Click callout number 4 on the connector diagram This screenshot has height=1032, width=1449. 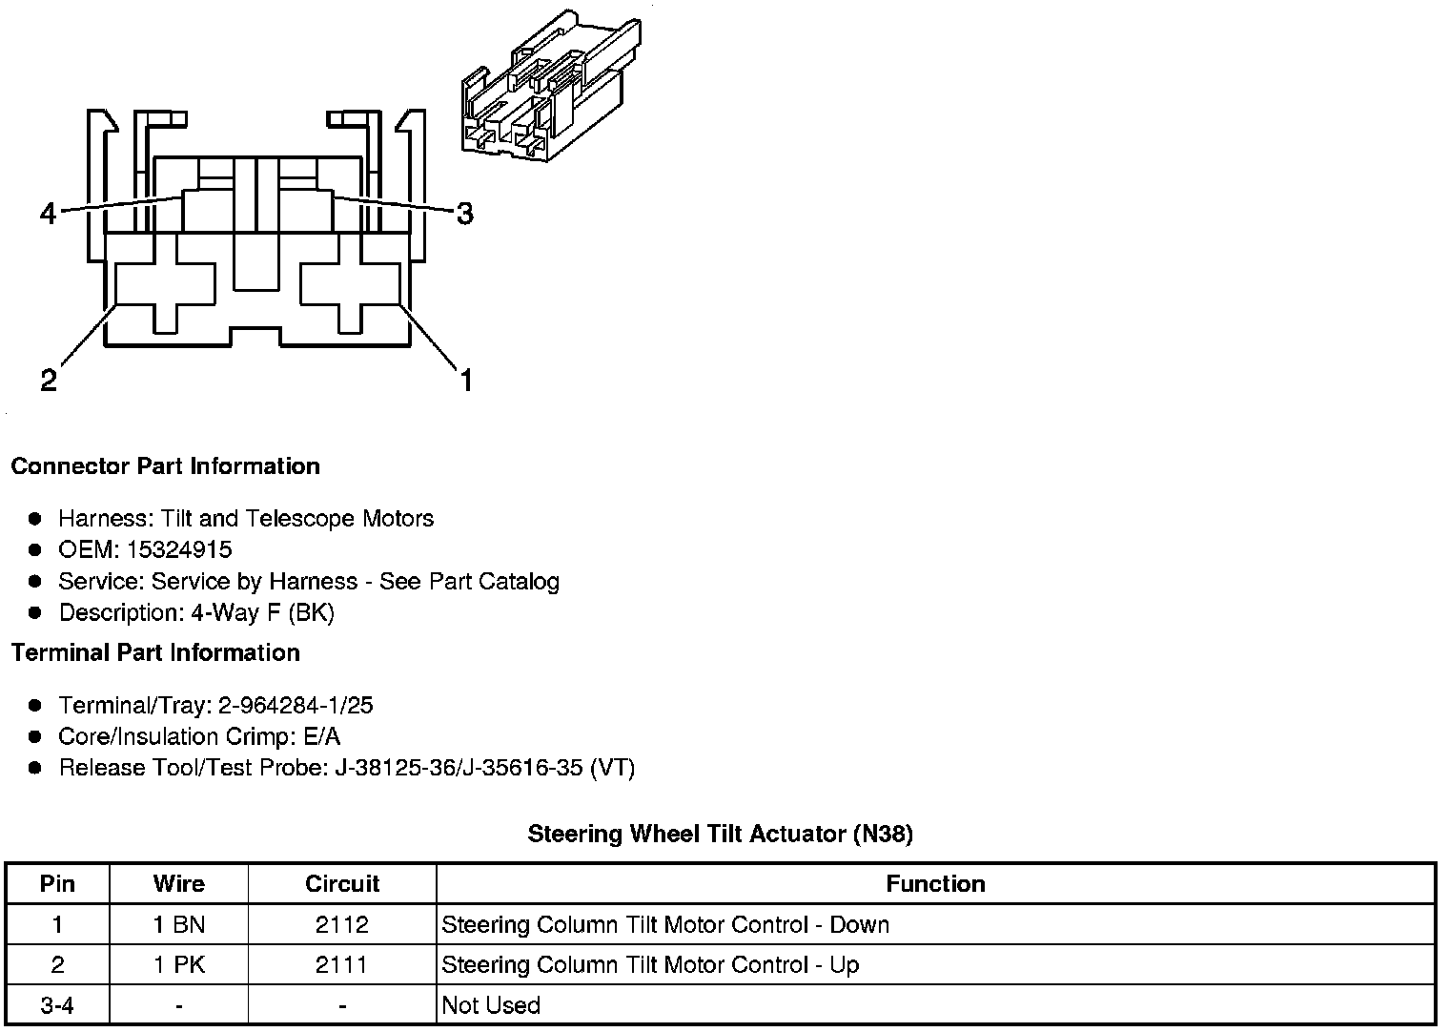click(48, 214)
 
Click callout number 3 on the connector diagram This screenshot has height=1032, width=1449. click(464, 214)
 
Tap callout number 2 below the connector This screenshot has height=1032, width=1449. click(49, 381)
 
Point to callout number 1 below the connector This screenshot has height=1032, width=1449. click(465, 381)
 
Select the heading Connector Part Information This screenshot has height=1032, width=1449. click(165, 466)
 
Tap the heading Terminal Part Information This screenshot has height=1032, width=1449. click(155, 653)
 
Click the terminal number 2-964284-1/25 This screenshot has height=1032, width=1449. click(296, 706)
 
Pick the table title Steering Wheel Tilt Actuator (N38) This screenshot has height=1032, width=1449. click(720, 835)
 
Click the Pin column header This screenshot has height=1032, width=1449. click(57, 884)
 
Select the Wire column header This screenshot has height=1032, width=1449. click(178, 884)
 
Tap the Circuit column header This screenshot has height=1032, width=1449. click(342, 884)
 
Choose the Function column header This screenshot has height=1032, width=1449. click(935, 884)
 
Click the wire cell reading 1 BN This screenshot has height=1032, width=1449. click(179, 925)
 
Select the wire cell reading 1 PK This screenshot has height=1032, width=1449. click(179, 965)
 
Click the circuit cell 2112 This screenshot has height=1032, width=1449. click(342, 925)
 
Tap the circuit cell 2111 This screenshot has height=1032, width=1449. click(342, 965)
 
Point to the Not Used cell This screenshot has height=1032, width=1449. click(491, 1005)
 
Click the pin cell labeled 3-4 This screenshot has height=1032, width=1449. click(57, 1005)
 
